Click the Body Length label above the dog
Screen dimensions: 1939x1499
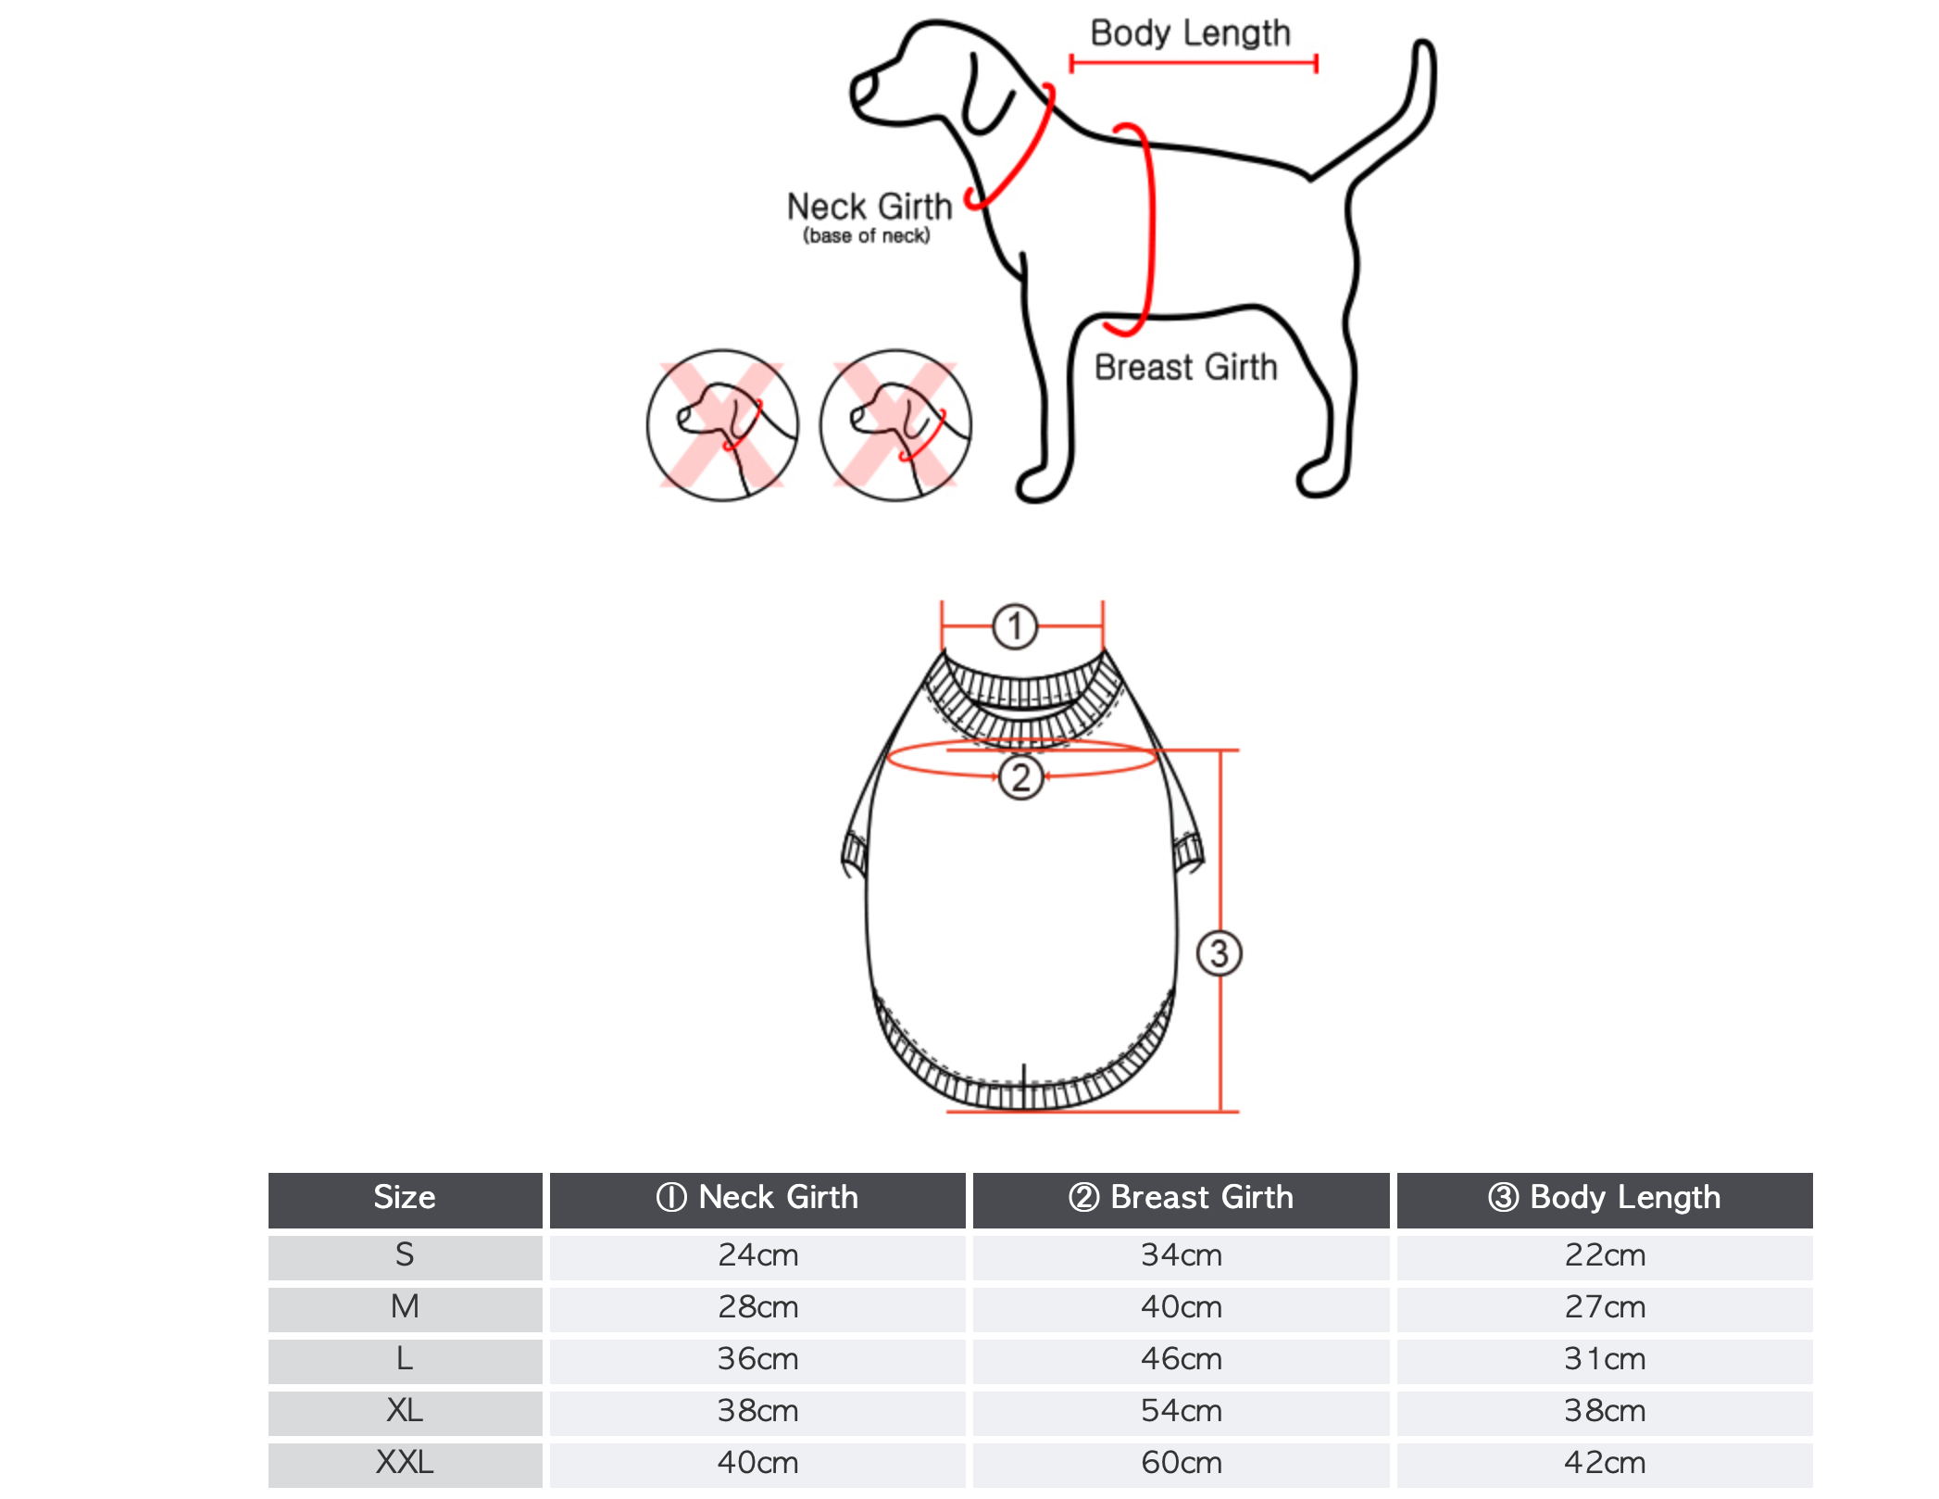pos(1190,33)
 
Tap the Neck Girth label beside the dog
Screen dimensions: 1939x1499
pos(869,206)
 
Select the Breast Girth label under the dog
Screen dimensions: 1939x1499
pos(1186,367)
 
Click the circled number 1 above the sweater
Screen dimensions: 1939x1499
pos(1015,627)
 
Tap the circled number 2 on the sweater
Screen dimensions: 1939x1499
pos(1021,777)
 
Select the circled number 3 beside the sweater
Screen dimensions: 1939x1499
pos(1220,954)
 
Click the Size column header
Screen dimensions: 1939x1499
pos(405,1197)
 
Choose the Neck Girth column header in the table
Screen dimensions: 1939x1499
pos(757,1197)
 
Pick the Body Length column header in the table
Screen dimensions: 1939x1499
pos(1605,1197)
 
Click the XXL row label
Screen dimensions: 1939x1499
pos(405,1462)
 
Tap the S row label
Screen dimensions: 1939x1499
pos(405,1254)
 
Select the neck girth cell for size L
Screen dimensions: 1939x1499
pos(757,1358)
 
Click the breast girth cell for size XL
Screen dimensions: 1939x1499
pos(1182,1410)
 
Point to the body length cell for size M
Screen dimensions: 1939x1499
pos(1605,1306)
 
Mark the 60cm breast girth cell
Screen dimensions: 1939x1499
pos(1182,1462)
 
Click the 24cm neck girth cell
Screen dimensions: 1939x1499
pos(757,1254)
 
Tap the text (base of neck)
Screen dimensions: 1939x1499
pos(867,235)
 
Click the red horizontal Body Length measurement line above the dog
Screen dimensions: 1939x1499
pos(1194,63)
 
